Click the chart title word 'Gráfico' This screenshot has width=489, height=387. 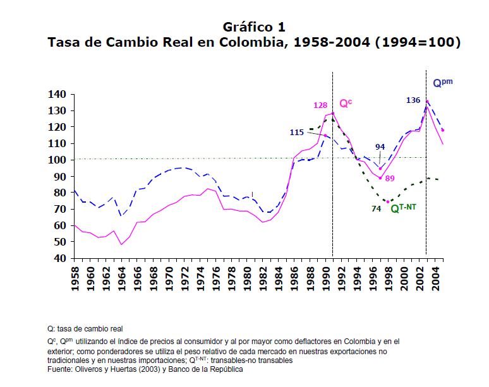point(245,27)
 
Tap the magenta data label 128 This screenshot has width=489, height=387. point(320,105)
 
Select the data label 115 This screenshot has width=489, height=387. point(297,133)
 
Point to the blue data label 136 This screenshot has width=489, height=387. point(413,100)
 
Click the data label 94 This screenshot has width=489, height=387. point(380,147)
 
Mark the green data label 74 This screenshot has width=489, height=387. point(376,208)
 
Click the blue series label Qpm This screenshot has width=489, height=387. point(442,83)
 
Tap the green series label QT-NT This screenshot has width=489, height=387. point(407,208)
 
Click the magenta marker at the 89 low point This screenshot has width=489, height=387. point(380,178)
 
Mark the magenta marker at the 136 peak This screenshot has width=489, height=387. point(428,102)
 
